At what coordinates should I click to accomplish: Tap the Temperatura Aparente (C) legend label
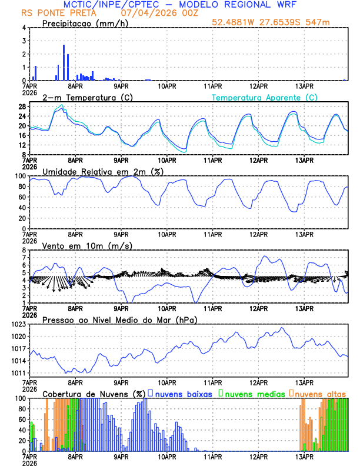265,97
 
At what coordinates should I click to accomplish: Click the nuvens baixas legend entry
183,394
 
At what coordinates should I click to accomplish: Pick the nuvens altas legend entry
320,394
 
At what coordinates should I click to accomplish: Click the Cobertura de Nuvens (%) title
94,394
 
